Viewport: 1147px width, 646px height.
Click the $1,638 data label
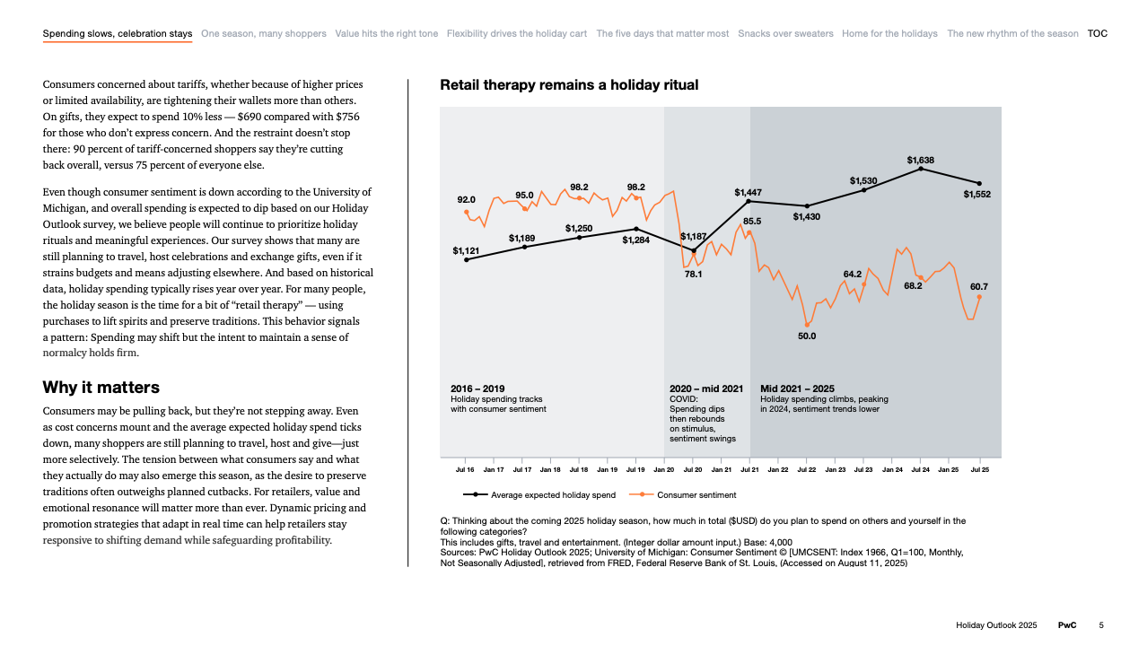click(x=920, y=160)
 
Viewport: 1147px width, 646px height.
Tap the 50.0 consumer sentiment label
click(x=807, y=336)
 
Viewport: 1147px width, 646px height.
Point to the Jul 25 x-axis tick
click(x=978, y=469)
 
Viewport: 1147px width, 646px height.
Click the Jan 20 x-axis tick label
click(x=664, y=469)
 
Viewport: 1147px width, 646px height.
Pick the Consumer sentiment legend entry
click(x=696, y=494)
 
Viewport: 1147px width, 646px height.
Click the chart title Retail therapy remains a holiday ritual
click(x=569, y=85)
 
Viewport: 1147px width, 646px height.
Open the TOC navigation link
click(x=1097, y=34)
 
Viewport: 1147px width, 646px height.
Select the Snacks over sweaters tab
click(x=785, y=34)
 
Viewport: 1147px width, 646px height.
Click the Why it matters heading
click(x=101, y=388)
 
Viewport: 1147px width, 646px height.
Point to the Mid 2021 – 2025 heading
click(x=797, y=388)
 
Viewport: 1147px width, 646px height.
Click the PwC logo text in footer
click(x=1067, y=624)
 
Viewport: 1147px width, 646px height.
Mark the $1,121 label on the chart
click(x=466, y=250)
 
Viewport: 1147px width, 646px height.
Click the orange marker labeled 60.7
click(x=979, y=297)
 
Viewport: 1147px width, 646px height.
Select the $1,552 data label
click(x=977, y=194)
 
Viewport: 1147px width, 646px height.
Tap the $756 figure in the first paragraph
click(x=347, y=117)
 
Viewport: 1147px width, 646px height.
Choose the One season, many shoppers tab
click(x=264, y=34)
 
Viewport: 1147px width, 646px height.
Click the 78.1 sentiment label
click(x=693, y=275)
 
